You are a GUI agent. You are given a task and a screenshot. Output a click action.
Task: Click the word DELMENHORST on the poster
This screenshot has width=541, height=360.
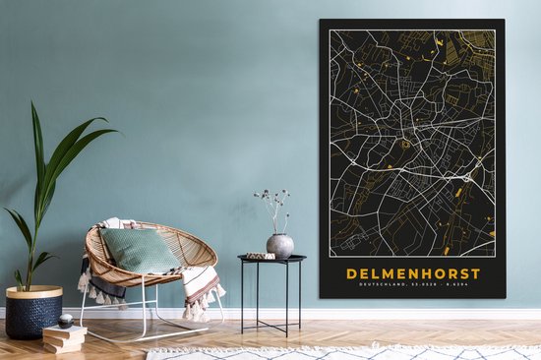pyautogui.click(x=412, y=272)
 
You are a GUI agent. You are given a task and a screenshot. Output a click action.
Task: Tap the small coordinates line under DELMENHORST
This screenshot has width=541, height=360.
pyautogui.click(x=412, y=284)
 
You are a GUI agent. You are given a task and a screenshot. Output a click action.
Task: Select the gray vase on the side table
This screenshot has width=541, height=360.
pyautogui.click(x=279, y=245)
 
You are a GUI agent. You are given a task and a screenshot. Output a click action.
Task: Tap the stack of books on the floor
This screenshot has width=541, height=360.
pyautogui.click(x=65, y=336)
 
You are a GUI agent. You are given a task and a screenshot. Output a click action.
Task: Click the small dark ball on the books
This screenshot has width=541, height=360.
pyautogui.click(x=65, y=321)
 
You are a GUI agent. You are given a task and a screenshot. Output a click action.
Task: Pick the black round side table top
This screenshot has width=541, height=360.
pyautogui.click(x=271, y=260)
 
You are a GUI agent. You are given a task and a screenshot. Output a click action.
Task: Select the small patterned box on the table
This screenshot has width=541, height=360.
pyautogui.click(x=260, y=256)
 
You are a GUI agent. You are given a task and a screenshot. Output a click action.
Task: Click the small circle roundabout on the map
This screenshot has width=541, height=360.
pyautogui.click(x=404, y=145)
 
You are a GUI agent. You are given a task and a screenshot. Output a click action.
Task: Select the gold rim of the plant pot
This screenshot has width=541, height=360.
pyautogui.click(x=33, y=292)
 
